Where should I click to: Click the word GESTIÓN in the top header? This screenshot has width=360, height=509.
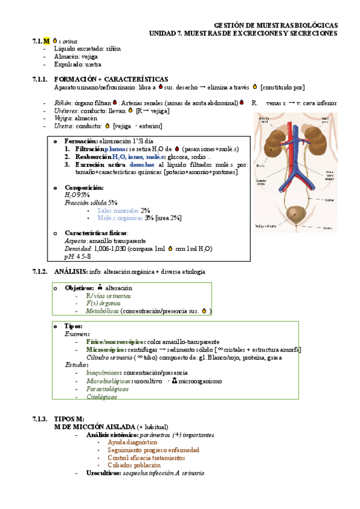click(x=230, y=26)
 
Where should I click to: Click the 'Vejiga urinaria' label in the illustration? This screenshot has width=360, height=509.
click(x=265, y=227)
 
